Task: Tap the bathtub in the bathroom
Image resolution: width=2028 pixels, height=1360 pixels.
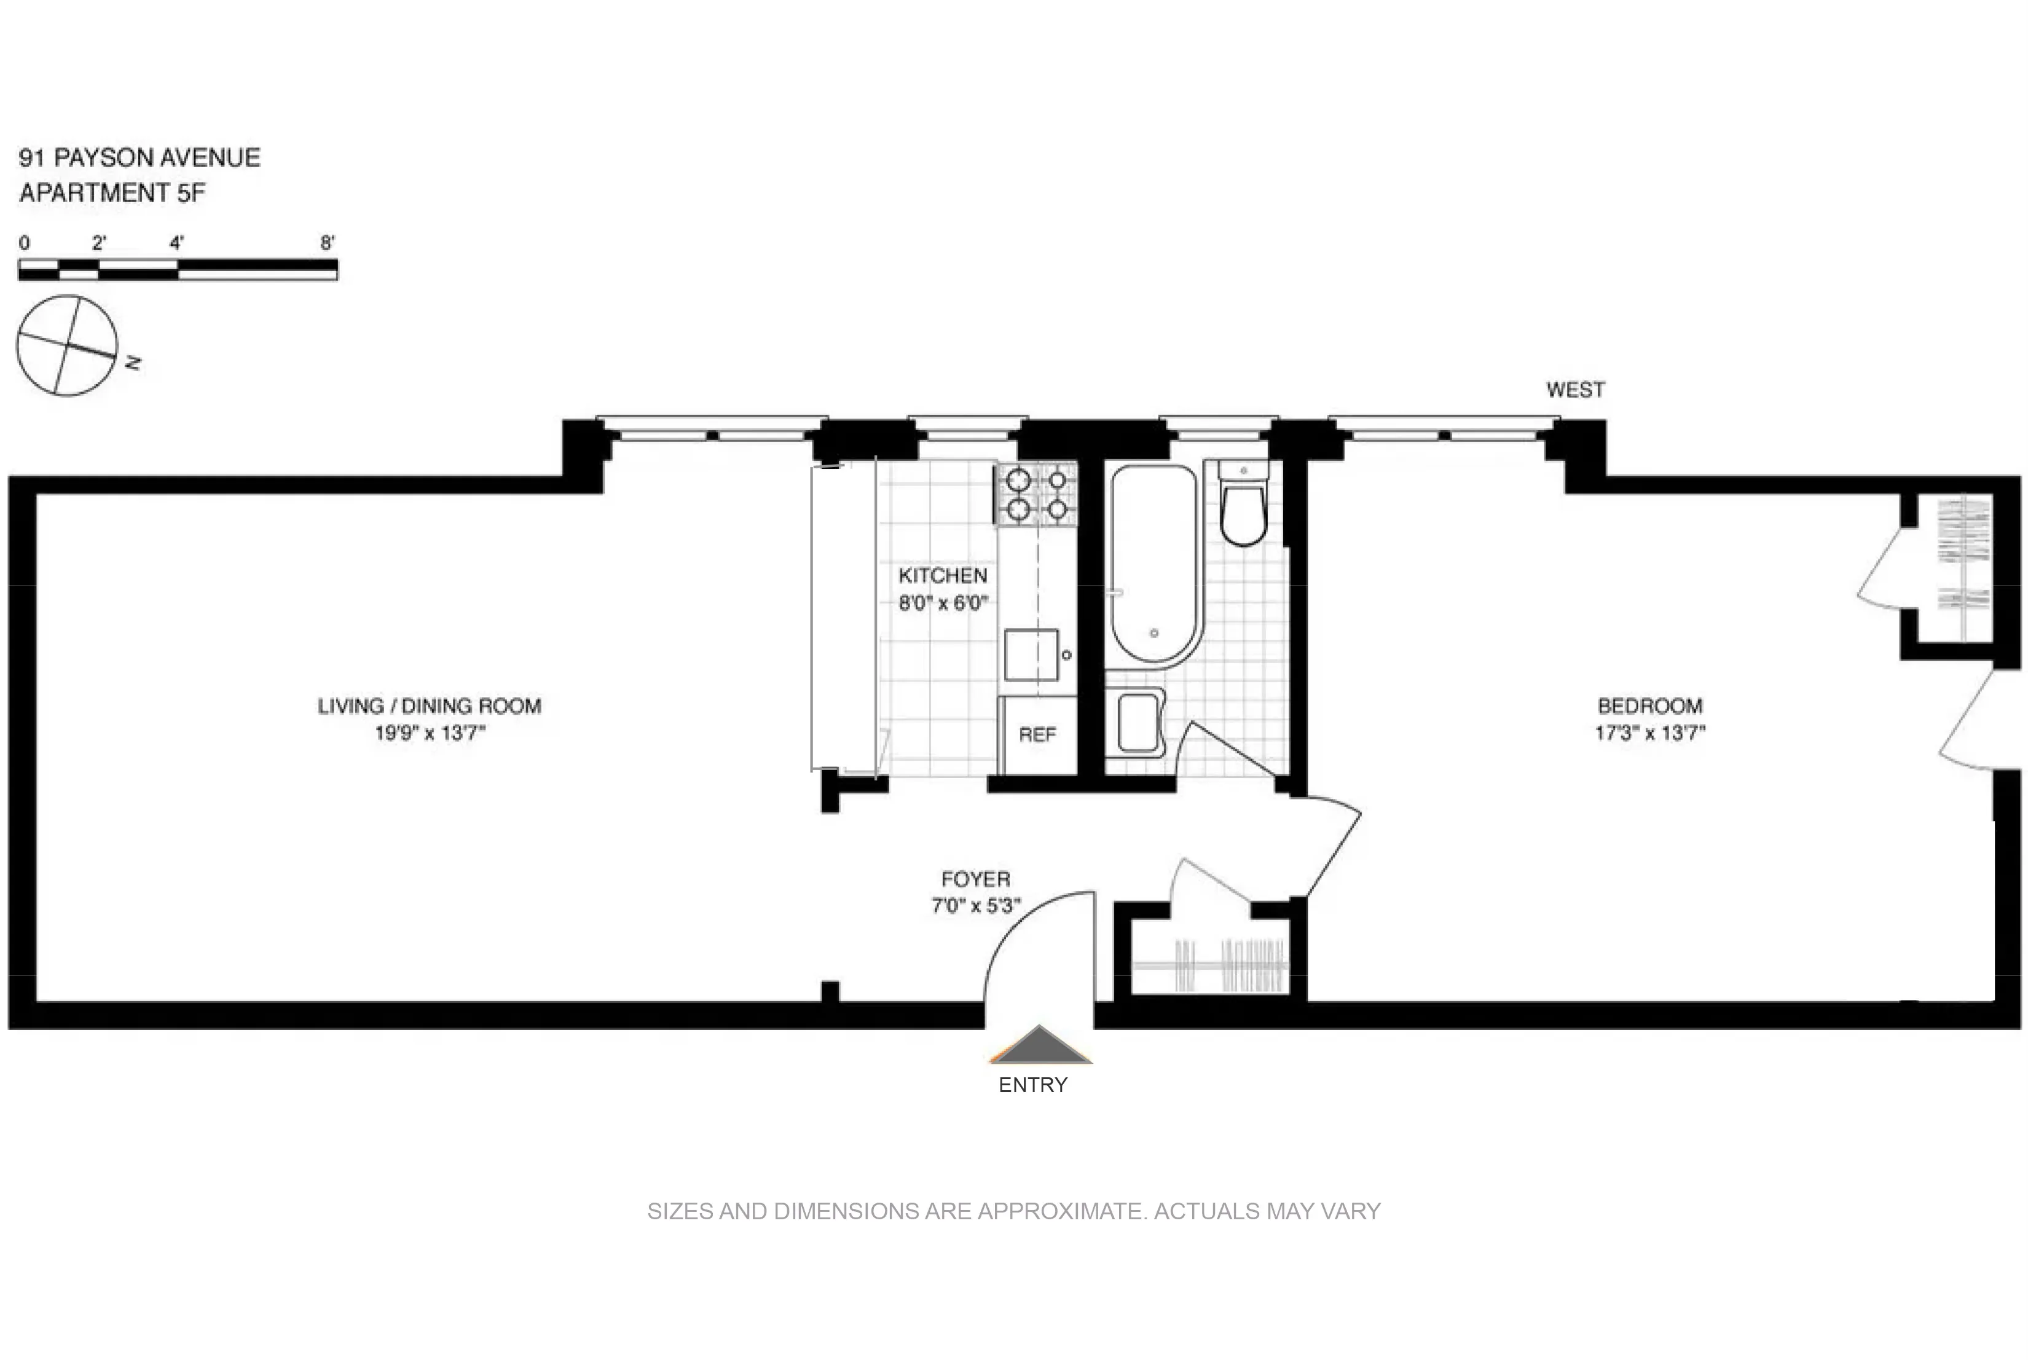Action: point(1154,564)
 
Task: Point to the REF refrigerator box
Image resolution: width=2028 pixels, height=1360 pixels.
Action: point(1037,734)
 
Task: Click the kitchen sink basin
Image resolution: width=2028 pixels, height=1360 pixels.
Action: point(1031,655)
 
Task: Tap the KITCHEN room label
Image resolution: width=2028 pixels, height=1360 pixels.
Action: point(942,576)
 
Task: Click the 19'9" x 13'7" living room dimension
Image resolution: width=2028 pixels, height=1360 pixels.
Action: point(430,734)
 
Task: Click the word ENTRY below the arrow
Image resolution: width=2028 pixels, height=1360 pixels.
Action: point(1032,1085)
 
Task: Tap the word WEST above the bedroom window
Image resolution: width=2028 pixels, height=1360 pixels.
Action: point(1575,390)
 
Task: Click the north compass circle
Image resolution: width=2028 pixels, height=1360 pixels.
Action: point(67,346)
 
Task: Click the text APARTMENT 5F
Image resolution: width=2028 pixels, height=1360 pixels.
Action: point(112,192)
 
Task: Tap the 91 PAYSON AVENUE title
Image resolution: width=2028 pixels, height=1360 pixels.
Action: point(139,158)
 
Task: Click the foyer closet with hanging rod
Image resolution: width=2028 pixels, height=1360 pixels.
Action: point(1210,964)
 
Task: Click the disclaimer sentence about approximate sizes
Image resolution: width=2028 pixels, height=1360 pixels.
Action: point(1013,1211)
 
